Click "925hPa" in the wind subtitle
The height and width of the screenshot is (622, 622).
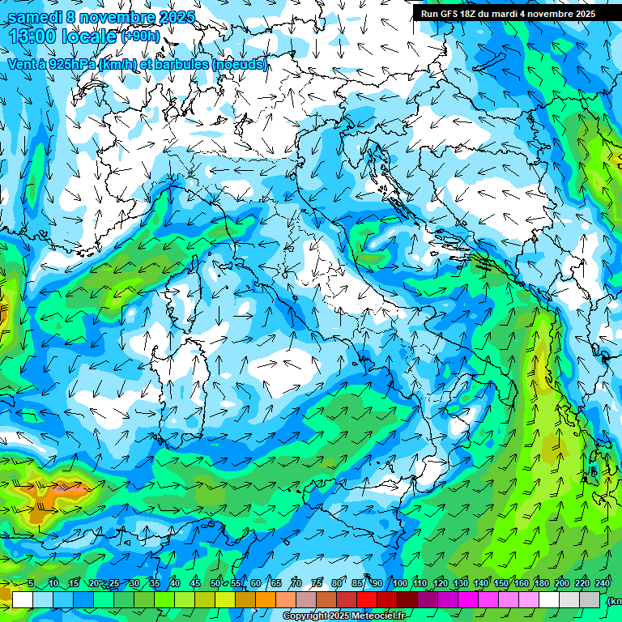(x=70, y=64)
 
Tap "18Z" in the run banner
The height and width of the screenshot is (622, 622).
(x=471, y=14)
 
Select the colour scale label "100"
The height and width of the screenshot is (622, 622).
(x=400, y=583)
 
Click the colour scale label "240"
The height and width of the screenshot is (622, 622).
(x=603, y=583)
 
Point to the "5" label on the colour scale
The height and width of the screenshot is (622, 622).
(x=31, y=583)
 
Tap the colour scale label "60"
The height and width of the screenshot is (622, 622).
(x=256, y=583)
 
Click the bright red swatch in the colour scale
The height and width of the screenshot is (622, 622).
(x=367, y=599)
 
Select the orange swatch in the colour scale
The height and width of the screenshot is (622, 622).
(x=245, y=599)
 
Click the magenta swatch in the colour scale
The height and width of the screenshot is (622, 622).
(x=468, y=599)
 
